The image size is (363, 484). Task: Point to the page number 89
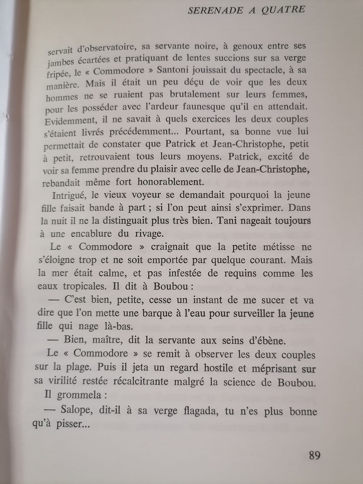315,455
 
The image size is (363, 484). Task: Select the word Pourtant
205,132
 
